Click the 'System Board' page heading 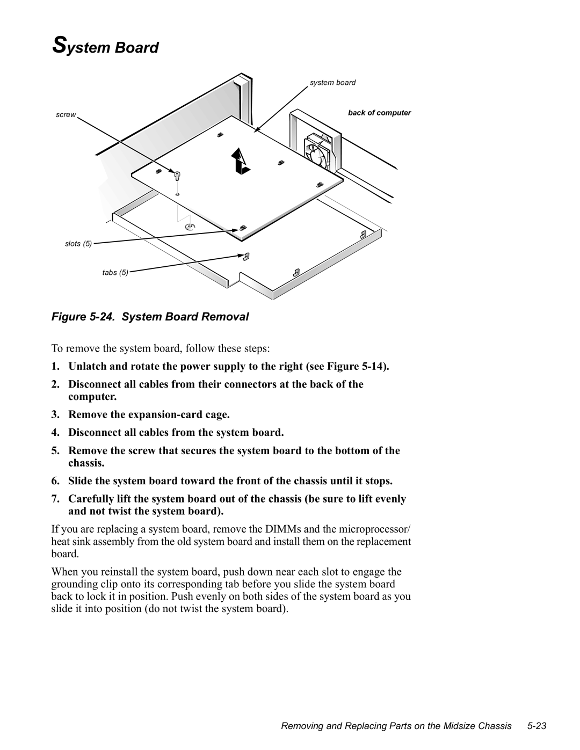point(105,47)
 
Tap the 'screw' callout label point(66,115)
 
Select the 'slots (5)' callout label point(78,244)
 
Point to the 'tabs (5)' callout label point(115,273)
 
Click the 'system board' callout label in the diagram point(332,83)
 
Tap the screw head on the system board point(177,174)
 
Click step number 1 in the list point(56,367)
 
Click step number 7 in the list point(56,499)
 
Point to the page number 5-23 point(536,726)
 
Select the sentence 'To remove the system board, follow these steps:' point(169,349)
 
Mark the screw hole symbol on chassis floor point(189,228)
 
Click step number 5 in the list point(56,450)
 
